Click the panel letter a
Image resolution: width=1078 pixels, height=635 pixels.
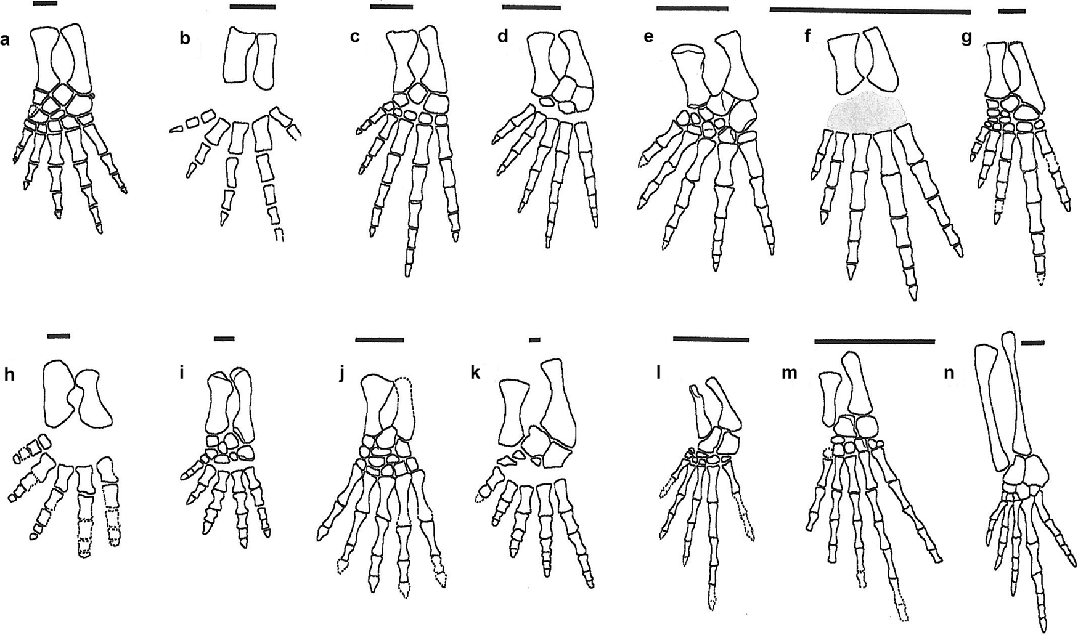6,41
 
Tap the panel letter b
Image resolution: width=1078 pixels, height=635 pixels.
184,39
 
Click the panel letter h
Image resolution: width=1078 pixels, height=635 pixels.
9,376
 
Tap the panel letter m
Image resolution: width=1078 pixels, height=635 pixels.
789,373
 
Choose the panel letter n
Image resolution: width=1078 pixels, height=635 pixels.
950,374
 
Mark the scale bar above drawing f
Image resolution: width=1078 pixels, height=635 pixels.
870,10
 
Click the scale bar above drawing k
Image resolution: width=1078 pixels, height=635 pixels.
534,339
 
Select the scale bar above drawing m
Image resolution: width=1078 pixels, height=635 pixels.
874,341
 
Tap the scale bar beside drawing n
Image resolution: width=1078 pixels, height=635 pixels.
1032,342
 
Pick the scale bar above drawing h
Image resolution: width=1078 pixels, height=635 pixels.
59,336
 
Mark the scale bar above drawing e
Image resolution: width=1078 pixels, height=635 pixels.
692,9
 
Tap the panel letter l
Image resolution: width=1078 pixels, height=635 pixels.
659,373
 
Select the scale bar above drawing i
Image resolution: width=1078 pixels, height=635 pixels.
224,339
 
